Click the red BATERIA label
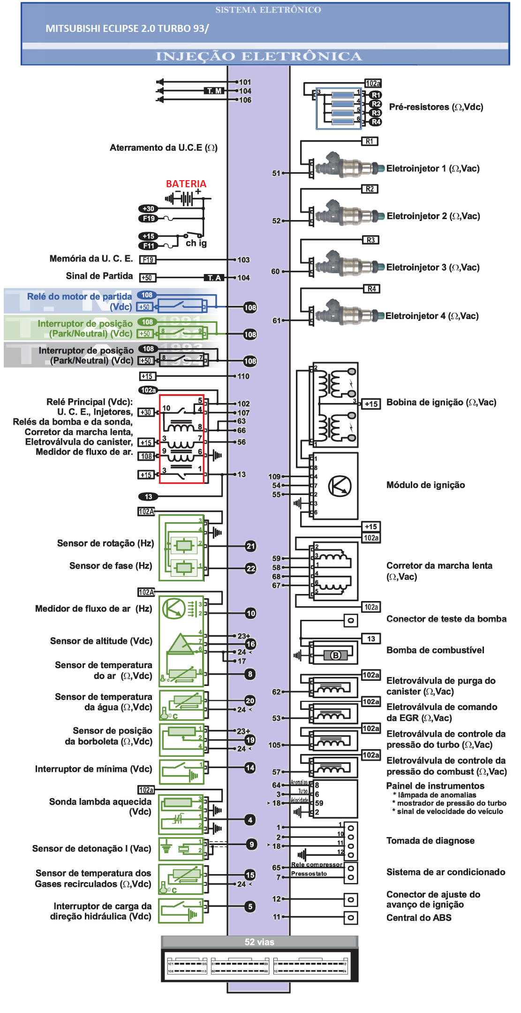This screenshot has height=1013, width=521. (x=186, y=183)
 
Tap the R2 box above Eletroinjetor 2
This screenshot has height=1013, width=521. (x=370, y=189)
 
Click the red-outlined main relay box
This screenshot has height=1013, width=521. (x=182, y=439)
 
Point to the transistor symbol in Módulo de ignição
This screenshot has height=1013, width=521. (x=340, y=486)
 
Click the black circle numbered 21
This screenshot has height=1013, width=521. (x=251, y=546)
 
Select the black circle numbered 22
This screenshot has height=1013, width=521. (x=251, y=568)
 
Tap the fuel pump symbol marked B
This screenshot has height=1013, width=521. (x=336, y=655)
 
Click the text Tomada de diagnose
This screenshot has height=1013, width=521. (x=430, y=840)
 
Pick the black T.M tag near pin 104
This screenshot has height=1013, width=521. (x=214, y=91)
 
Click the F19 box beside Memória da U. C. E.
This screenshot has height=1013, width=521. (x=148, y=259)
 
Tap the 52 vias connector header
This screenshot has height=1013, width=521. (x=259, y=942)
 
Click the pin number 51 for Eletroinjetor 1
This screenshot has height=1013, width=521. (x=276, y=173)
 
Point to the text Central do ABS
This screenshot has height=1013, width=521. (x=419, y=917)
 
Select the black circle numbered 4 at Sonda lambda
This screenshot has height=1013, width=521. (x=250, y=819)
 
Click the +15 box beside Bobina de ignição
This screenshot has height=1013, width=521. (x=371, y=404)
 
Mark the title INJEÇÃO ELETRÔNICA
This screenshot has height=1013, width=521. (x=259, y=56)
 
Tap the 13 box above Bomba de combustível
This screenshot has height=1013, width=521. (x=371, y=638)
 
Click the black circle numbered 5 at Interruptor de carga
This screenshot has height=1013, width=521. (x=250, y=906)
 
